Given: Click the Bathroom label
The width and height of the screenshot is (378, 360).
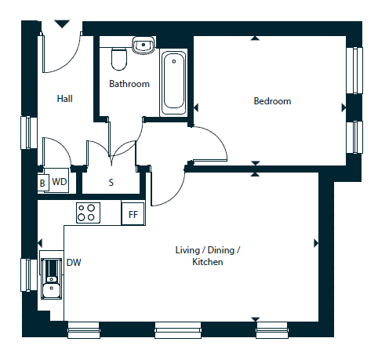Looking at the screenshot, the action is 129,84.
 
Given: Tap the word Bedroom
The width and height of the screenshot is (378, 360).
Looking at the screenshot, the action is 272,101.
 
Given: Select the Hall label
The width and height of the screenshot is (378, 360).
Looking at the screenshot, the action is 64,99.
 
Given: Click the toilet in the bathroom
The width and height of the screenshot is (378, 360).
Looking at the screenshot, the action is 119,59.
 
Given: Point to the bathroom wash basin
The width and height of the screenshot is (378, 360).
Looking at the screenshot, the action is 144,45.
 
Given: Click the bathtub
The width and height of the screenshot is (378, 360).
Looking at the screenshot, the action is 173,83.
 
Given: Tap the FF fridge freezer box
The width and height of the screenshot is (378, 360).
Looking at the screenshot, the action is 133,213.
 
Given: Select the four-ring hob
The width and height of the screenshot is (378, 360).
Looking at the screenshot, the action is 88,213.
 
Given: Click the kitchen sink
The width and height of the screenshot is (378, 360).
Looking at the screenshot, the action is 51,278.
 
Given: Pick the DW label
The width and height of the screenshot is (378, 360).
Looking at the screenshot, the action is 74,262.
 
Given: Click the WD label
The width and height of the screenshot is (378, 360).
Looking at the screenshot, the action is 60,181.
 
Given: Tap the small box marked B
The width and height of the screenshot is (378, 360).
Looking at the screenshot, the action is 42,182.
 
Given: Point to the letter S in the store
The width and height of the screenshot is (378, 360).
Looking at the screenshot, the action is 111,182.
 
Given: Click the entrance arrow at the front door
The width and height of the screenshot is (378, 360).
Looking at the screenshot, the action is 62,24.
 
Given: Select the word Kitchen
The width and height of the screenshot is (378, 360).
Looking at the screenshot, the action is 208,262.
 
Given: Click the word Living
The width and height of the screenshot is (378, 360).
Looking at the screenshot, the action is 187,250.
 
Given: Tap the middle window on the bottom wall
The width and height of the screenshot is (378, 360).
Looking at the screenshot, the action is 178,330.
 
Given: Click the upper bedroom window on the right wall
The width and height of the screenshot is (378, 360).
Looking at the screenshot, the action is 354,70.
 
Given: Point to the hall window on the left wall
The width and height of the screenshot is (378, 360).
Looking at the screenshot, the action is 29,133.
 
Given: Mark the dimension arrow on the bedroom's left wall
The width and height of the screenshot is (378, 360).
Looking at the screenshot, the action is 196,107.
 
